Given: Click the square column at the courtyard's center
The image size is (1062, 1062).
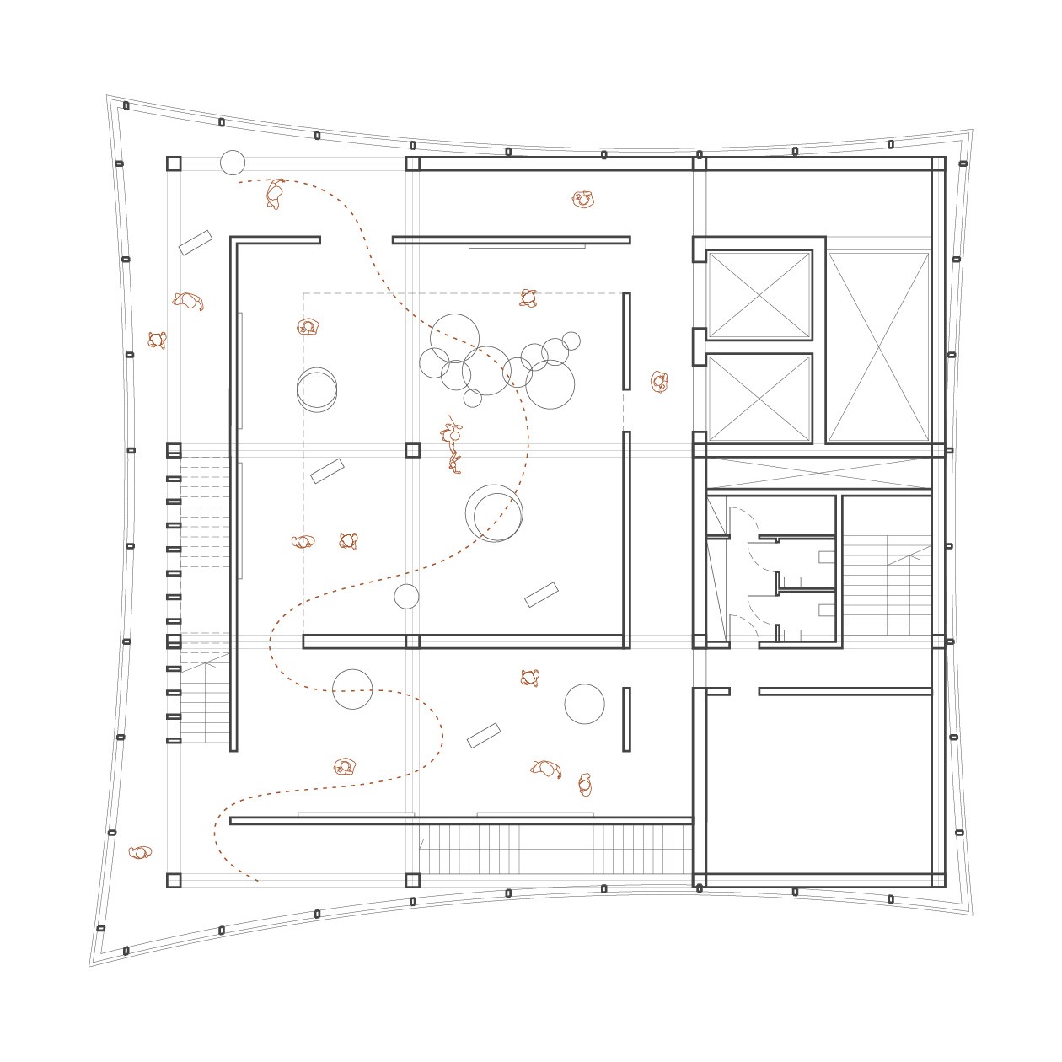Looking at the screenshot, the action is [412, 450].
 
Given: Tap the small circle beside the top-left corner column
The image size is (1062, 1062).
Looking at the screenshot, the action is [233, 163].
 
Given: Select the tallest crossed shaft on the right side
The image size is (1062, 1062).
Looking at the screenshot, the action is [878, 346].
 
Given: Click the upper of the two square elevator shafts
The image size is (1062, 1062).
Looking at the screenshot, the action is [759, 294].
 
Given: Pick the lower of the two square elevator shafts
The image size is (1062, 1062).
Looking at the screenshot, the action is [759, 399].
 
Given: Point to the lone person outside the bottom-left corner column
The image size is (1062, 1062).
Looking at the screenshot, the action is [140, 852].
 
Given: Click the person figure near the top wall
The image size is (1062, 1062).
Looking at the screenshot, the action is [582, 200].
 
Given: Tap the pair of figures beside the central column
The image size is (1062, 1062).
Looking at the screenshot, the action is [453, 447].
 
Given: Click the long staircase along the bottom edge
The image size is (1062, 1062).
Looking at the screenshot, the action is [556, 849].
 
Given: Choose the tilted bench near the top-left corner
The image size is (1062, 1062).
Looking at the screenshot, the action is [196, 243].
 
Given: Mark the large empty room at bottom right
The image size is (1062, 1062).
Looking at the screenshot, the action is [818, 784].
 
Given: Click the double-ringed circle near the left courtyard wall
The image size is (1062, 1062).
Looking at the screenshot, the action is [317, 389].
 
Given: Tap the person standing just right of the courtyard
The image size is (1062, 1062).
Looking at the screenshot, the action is [659, 382].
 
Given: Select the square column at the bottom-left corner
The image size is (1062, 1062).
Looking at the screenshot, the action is [174, 881].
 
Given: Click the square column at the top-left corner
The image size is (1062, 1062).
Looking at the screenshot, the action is [174, 164].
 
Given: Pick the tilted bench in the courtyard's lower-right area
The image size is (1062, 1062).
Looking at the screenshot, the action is [541, 595].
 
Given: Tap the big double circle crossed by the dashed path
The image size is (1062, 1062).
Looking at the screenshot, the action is [495, 513].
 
